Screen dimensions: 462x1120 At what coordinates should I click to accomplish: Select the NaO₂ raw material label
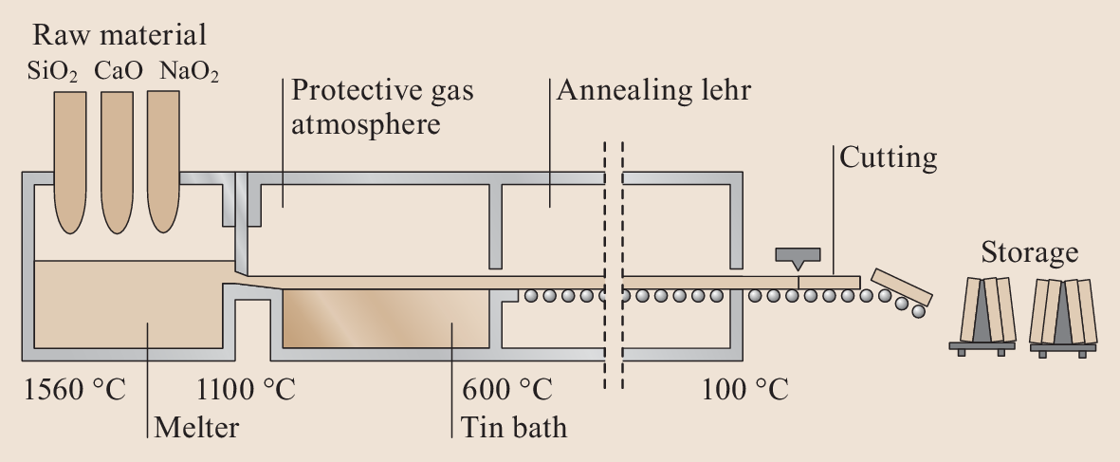tap(189, 73)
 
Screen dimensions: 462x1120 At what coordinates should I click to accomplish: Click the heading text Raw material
tap(119, 37)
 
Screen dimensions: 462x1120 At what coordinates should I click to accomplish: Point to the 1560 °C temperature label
tap(75, 390)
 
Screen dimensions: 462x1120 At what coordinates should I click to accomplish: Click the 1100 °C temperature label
tap(246, 390)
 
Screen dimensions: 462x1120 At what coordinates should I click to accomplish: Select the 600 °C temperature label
tap(507, 390)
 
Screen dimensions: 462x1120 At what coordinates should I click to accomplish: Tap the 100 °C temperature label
tap(745, 390)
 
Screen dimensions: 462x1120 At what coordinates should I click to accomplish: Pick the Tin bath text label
tap(514, 427)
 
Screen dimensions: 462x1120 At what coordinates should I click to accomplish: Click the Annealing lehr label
tap(653, 91)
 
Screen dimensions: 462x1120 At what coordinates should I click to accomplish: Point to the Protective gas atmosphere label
tap(381, 107)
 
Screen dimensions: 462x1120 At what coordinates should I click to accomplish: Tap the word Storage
tap(1029, 253)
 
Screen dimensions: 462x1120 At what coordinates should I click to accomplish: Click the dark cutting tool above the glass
tap(798, 256)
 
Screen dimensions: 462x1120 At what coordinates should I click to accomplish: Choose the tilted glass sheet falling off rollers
tap(903, 287)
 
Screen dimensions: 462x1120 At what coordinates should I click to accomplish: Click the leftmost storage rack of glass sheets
tap(982, 312)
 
